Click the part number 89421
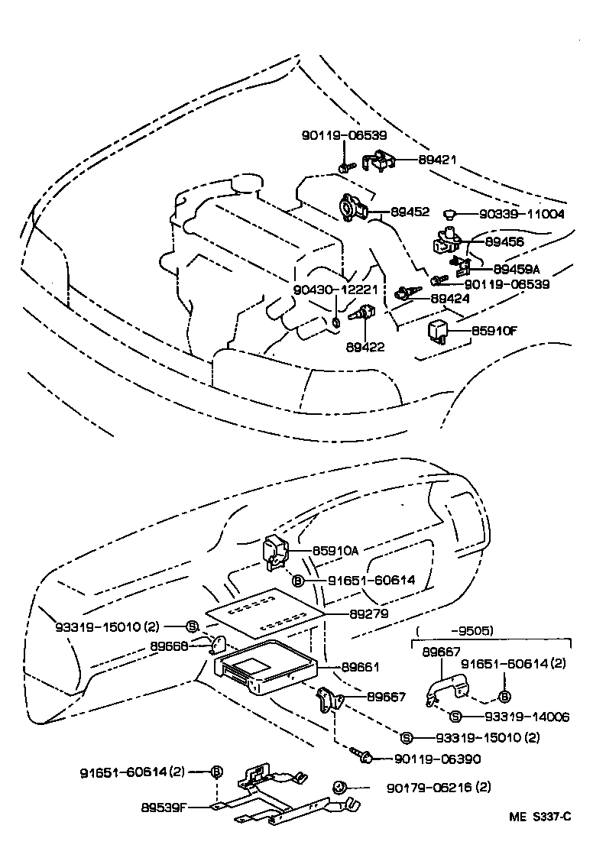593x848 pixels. point(437,160)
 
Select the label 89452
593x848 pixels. point(410,212)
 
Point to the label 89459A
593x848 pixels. point(516,269)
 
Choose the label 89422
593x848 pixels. point(365,346)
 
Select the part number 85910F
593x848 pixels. point(494,332)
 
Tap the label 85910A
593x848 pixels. point(335,550)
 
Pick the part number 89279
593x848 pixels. point(368,613)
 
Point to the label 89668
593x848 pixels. point(169,646)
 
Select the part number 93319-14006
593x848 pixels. point(527,717)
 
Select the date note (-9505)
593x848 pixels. point(471,631)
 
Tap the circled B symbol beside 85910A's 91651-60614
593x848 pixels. point(298,581)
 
